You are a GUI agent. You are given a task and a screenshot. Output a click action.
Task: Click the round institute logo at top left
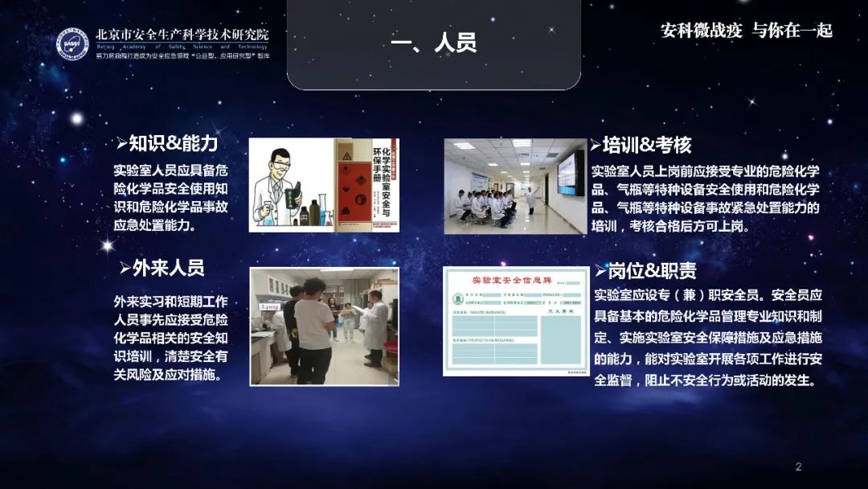pos(72,43)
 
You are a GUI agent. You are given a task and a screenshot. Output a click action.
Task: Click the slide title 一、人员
pos(433,43)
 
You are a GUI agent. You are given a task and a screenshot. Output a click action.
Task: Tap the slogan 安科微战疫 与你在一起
pos(746,31)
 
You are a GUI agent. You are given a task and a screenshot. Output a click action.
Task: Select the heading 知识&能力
pos(173,144)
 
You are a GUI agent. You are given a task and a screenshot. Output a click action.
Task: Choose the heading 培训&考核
pos(646,145)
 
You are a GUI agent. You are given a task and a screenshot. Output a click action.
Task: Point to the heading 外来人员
pos(168,268)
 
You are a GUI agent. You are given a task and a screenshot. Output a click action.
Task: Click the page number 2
pos(798,467)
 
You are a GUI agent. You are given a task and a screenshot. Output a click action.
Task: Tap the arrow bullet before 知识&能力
pos(121,144)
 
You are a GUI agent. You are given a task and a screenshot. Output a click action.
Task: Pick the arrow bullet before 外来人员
pos(125,268)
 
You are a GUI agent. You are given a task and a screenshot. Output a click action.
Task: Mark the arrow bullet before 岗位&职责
pos(600,270)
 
